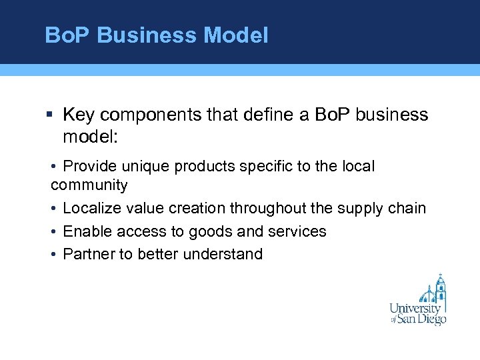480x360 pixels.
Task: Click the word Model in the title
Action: [x=237, y=35]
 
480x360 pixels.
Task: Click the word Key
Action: [x=79, y=115]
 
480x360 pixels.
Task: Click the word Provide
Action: [x=89, y=166]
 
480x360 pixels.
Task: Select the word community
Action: [x=89, y=185]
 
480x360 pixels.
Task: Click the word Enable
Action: [x=87, y=231]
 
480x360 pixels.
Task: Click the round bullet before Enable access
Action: [x=53, y=231]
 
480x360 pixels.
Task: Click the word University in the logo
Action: [x=415, y=309]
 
